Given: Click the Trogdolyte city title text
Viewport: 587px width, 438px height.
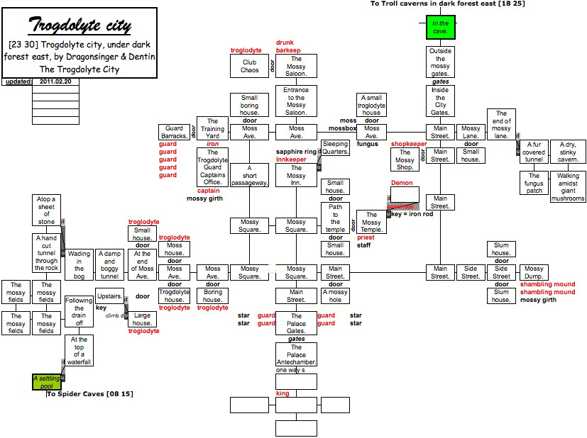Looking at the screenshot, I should click(79, 26).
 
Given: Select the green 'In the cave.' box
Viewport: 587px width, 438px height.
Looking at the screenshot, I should click(440, 28).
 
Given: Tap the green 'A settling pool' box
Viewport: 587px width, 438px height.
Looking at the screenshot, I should click(47, 382).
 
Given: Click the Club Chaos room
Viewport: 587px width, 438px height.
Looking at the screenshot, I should click(249, 67).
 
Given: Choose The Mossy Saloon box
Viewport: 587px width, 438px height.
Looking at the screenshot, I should click(296, 67).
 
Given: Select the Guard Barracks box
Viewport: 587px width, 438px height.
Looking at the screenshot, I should click(174, 133).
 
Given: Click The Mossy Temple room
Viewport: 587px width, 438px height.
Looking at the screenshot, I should click(371, 222).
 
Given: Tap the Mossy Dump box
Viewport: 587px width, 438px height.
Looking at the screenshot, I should click(534, 273).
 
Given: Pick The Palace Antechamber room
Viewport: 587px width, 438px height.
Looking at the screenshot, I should click(296, 355).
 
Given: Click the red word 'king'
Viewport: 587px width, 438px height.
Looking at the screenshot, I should click(282, 393).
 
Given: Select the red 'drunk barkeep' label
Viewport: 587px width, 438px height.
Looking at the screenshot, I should click(288, 47).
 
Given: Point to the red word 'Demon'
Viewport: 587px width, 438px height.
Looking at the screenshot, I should click(402, 183).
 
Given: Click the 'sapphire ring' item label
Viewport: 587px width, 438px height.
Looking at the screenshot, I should click(296, 152).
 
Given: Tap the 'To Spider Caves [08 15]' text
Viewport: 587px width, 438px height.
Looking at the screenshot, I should click(90, 394).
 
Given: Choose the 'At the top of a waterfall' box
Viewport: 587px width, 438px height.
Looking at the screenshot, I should click(79, 350).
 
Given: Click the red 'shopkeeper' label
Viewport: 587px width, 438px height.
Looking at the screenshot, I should click(409, 144).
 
